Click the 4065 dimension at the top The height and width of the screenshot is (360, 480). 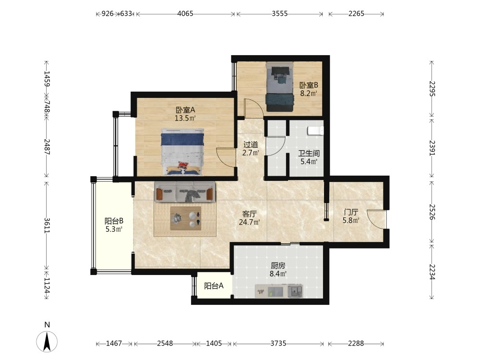click(x=185, y=14)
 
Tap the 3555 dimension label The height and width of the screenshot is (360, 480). click(x=279, y=14)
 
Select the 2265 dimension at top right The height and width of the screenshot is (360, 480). click(x=356, y=14)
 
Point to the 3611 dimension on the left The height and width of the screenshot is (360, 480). click(x=47, y=225)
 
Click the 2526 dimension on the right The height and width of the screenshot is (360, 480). click(x=432, y=212)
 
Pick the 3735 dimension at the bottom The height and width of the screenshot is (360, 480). click(x=278, y=344)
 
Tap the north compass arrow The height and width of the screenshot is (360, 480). click(x=47, y=341)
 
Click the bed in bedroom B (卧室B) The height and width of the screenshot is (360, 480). click(x=279, y=87)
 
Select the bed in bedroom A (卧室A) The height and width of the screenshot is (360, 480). click(x=182, y=152)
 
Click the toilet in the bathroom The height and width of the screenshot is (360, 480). click(x=316, y=131)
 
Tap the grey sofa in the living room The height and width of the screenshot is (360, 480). click(x=185, y=192)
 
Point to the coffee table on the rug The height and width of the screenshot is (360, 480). click(x=185, y=218)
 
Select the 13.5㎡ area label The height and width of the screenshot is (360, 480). click(x=185, y=118)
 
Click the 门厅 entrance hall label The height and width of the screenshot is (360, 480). click(x=351, y=212)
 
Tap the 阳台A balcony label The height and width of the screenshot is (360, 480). click(x=214, y=286)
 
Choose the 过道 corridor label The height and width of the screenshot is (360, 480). click(x=251, y=144)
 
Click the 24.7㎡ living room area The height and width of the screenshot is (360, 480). click(x=250, y=222)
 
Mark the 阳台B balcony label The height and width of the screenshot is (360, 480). click(x=114, y=221)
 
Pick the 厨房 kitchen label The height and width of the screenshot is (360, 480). click(x=278, y=266)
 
